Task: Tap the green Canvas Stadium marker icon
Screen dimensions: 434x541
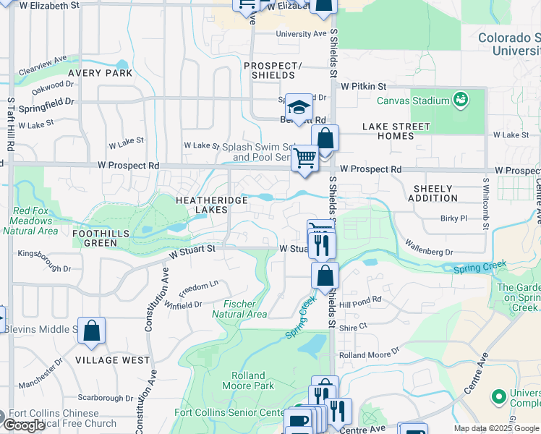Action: (459, 98)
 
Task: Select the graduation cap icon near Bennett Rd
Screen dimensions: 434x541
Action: (298, 108)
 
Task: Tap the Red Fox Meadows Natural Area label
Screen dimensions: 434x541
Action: (30, 221)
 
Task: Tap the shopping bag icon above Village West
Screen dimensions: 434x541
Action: (92, 331)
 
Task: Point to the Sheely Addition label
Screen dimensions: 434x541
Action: (434, 193)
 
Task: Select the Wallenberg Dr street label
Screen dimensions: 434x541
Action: (428, 249)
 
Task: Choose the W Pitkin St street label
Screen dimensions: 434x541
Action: (365, 86)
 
